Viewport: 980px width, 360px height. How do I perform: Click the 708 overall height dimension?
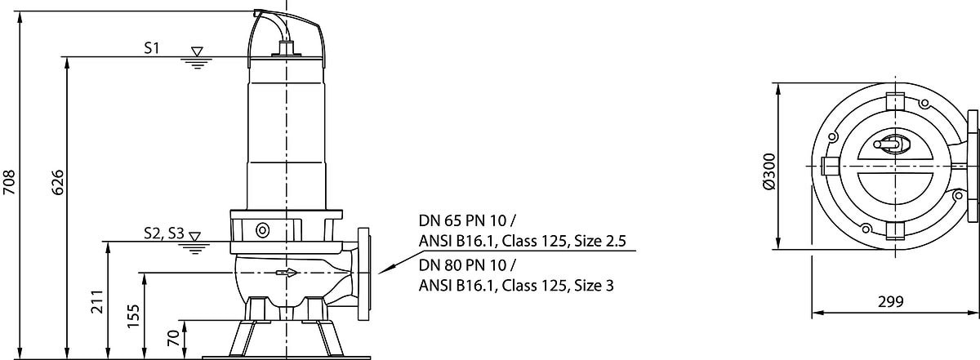pyautogui.click(x=9, y=182)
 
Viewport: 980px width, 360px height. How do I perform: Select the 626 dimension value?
pyautogui.click(x=57, y=182)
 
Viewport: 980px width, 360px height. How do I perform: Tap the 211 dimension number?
pyautogui.click(x=96, y=301)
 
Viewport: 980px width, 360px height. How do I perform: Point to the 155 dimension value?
pyautogui.click(x=133, y=316)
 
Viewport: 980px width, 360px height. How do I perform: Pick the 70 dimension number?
pyautogui.click(x=174, y=338)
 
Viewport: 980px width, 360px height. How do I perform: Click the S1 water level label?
pyautogui.click(x=152, y=48)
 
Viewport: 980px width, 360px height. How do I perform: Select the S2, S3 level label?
pyautogui.click(x=164, y=233)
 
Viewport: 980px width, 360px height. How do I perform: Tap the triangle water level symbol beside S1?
pyautogui.click(x=198, y=51)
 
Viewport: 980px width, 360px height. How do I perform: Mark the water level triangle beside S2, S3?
pyautogui.click(x=194, y=237)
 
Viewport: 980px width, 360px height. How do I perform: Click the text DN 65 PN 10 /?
pyautogui.click(x=468, y=220)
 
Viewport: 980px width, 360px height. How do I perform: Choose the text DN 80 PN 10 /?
pyautogui.click(x=468, y=264)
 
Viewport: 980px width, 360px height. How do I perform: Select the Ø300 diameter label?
pyautogui.click(x=768, y=171)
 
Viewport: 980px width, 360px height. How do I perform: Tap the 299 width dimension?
pyautogui.click(x=891, y=301)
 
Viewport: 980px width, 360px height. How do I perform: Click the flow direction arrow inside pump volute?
pyautogui.click(x=287, y=273)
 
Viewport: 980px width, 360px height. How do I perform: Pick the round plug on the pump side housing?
pyautogui.click(x=262, y=230)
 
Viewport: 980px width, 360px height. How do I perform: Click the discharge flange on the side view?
pyautogui.click(x=363, y=274)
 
